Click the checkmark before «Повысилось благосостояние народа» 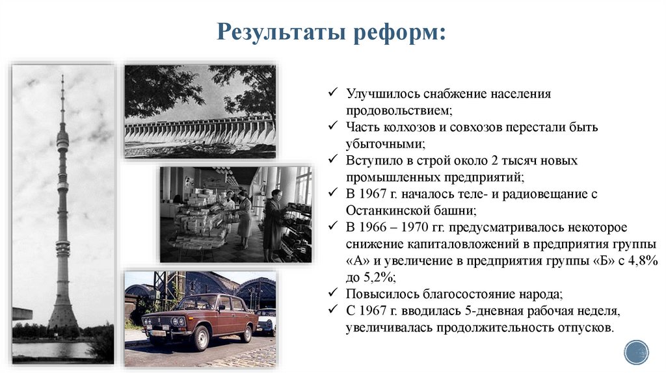(x=333, y=294)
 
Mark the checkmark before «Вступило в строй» (x=333, y=160)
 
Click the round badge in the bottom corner (x=636, y=352)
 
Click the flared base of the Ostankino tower (x=63, y=315)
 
